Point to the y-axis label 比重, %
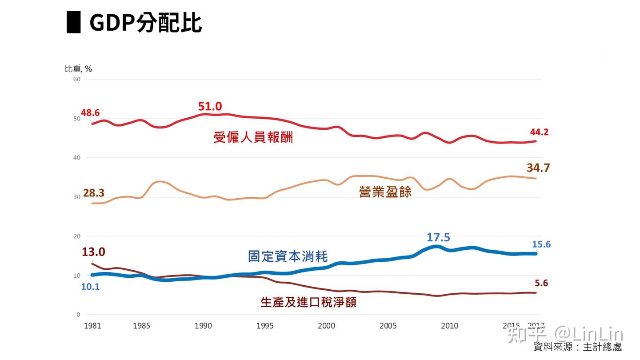[x=78, y=68]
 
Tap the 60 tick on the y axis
[x=76, y=79]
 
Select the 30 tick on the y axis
[x=76, y=197]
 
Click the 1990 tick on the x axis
[x=203, y=326]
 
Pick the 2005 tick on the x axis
[x=388, y=326]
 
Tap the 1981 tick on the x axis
[x=92, y=326]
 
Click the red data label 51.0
[x=210, y=107]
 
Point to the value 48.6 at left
[x=90, y=113]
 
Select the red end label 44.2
[x=539, y=132]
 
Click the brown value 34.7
[x=538, y=168]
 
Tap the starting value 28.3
[x=94, y=193]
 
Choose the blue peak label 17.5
[x=438, y=237]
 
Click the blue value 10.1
[x=90, y=287]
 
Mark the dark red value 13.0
[x=93, y=252]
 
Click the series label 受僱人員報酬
[x=253, y=137]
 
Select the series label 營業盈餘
[x=385, y=192]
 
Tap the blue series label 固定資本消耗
[x=288, y=256]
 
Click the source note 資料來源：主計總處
[x=577, y=347]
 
